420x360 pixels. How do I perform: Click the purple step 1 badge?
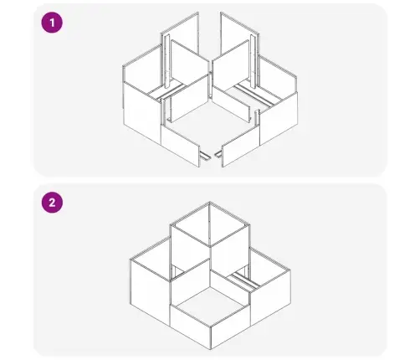pyautogui.click(x=52, y=23)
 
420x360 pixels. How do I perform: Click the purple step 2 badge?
pyautogui.click(x=52, y=203)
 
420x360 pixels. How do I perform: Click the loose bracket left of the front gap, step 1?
pyautogui.click(x=206, y=157)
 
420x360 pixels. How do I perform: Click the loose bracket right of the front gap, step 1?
pyautogui.click(x=218, y=154)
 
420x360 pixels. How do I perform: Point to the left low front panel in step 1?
pyautogui.click(x=181, y=145)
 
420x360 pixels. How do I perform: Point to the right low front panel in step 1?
pyautogui.click(x=241, y=145)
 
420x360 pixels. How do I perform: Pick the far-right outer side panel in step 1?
pyautogui.click(x=279, y=117)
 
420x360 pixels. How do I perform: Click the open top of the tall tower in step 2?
pyautogui.click(x=210, y=224)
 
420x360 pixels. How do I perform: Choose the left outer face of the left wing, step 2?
pyautogui.click(x=150, y=291)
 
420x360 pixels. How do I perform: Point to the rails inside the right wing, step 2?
pyautogui.click(x=246, y=280)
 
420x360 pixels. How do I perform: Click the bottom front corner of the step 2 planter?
pyautogui.click(x=211, y=349)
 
